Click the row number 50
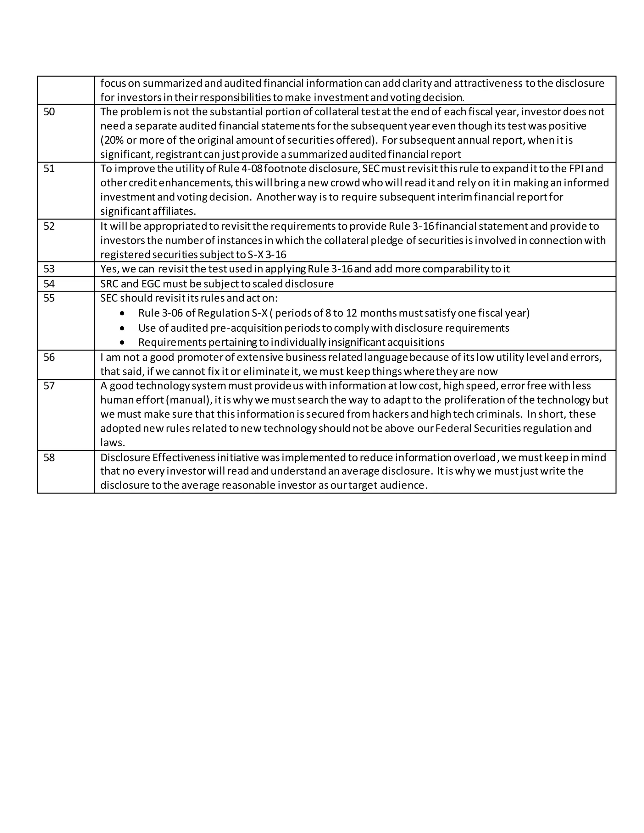[49, 112]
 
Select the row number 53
[49, 269]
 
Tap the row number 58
[49, 457]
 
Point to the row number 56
[49, 357]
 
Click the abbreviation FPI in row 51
[576, 168]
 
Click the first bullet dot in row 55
[122, 313]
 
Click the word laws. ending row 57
[113, 443]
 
